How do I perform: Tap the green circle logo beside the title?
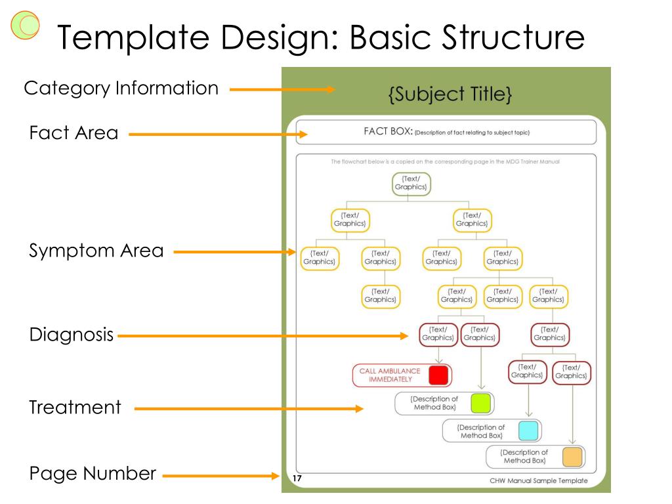click(x=26, y=24)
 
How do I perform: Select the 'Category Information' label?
click(x=121, y=88)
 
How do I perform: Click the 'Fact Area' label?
click(x=73, y=133)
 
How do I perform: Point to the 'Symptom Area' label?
click(x=96, y=251)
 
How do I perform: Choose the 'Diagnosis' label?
click(x=72, y=335)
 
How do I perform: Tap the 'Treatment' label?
click(x=75, y=407)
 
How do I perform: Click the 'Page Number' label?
click(x=93, y=473)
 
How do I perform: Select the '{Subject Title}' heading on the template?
click(x=450, y=94)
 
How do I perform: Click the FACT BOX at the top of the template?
click(x=446, y=132)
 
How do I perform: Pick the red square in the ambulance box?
click(x=438, y=375)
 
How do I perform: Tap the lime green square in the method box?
click(x=480, y=403)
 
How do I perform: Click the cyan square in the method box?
click(x=528, y=430)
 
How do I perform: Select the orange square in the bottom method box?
click(x=572, y=457)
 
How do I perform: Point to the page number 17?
click(x=297, y=479)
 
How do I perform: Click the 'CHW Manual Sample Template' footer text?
click(x=538, y=480)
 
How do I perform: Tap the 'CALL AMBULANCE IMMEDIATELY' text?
click(x=390, y=375)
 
